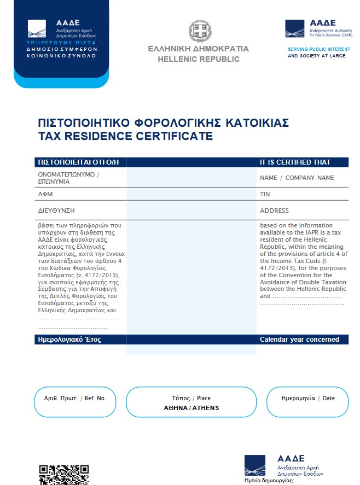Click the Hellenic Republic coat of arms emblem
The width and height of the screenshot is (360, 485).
(x=200, y=31)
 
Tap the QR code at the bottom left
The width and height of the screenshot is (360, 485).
(x=63, y=474)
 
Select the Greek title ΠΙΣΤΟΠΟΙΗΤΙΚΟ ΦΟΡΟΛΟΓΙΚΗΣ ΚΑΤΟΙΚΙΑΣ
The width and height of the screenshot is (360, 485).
(x=163, y=122)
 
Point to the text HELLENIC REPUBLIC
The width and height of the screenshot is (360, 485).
(x=199, y=59)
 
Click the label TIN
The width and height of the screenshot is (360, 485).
(x=265, y=194)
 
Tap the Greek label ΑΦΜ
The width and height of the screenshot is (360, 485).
(x=45, y=194)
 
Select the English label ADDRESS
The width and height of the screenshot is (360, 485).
(x=274, y=211)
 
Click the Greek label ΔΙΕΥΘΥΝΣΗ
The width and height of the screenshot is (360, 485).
(x=56, y=211)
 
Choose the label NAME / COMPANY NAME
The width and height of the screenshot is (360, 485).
(x=297, y=178)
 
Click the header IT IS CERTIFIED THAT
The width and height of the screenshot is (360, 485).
(x=295, y=162)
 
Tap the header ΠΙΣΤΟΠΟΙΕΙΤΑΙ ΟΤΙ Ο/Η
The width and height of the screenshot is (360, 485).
(x=78, y=162)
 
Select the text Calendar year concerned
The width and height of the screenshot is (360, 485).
(x=299, y=340)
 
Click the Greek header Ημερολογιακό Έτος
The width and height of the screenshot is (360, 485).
(x=69, y=340)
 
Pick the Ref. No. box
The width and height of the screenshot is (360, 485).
(x=75, y=402)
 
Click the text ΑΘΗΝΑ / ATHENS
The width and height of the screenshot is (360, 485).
(x=191, y=408)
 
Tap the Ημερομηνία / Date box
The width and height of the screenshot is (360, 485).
(x=307, y=402)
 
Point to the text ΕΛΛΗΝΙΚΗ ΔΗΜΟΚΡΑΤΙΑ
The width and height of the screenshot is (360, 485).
(x=198, y=49)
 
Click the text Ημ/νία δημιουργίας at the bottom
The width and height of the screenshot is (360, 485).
(x=270, y=481)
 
